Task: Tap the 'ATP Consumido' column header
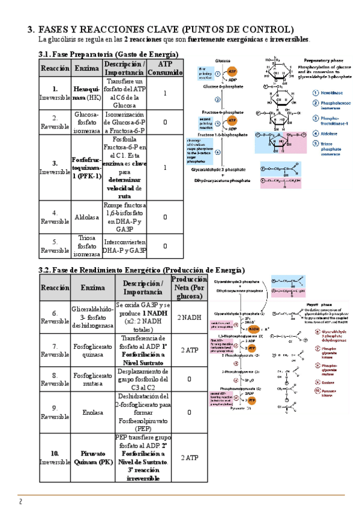click(165, 68)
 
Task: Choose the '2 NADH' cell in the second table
click(190, 318)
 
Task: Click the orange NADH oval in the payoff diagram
click(254, 329)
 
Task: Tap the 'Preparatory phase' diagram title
click(325, 61)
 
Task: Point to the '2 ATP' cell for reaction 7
click(190, 350)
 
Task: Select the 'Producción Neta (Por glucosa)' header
click(190, 288)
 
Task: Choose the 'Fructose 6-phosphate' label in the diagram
click(223, 112)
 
